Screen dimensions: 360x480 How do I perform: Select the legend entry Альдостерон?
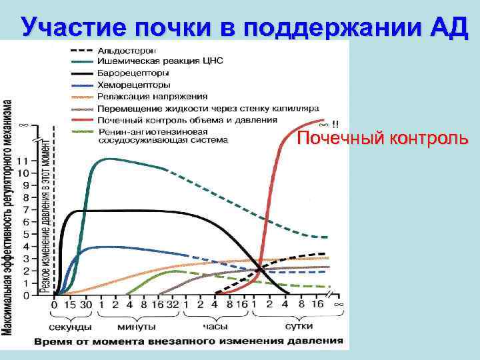127,51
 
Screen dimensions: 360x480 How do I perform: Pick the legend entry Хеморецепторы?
133,85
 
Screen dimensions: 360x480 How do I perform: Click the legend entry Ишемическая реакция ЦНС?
160,61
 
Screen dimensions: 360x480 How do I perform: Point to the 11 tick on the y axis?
23,161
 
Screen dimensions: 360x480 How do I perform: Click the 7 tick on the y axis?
25,210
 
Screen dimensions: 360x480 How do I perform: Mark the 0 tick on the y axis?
25,295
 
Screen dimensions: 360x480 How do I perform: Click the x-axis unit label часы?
215,327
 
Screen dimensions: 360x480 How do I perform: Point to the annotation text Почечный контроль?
383,139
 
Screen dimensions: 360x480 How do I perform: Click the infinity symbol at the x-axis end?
338,305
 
